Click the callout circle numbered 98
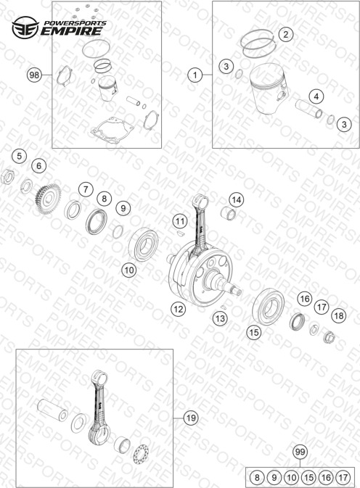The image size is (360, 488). coord(34,75)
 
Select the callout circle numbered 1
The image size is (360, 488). coord(195,75)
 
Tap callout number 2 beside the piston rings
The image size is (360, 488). coord(285,34)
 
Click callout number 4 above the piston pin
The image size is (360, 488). coord(316,96)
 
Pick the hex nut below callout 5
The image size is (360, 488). coord(8,178)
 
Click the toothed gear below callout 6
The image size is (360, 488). coord(48,199)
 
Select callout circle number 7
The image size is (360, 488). coord(86,189)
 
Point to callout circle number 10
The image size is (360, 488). coord(129,270)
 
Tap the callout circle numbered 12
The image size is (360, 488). coord(178,309)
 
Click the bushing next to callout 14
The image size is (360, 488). coord(229,213)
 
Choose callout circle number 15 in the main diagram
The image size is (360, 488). coord(254,332)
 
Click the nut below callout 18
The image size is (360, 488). coord(329,337)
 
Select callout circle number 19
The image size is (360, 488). coord(191,418)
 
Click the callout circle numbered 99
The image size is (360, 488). coord(300,452)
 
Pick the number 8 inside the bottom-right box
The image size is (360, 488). coord(257,477)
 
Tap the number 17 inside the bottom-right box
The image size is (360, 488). coord(343,477)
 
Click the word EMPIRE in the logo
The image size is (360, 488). coord(72,31)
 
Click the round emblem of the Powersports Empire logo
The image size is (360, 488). coord(25,28)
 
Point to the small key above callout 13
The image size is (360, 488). coord(222,307)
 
